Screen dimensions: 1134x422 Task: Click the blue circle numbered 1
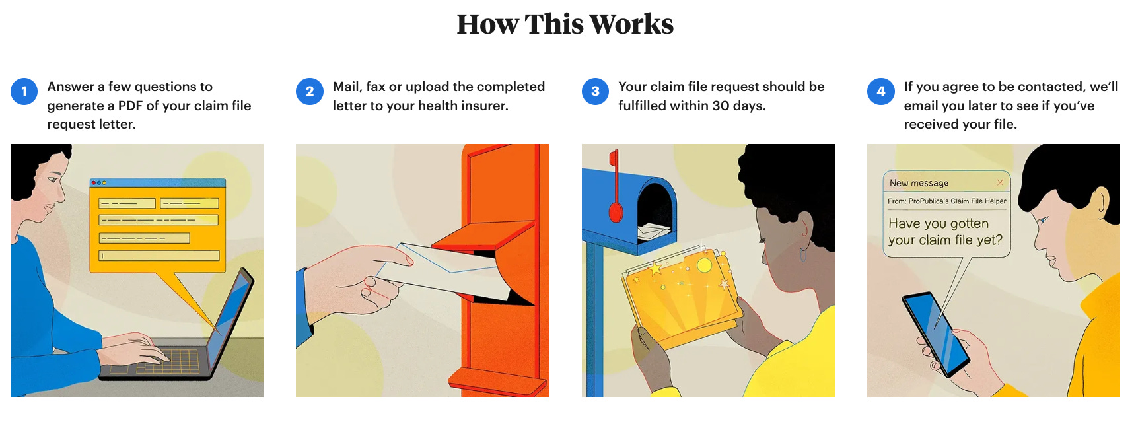tap(24, 91)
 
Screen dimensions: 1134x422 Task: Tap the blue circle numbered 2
tap(310, 91)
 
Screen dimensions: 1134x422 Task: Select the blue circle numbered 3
tap(595, 91)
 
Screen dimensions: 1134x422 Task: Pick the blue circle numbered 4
tap(880, 91)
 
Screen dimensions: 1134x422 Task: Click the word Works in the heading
tap(631, 24)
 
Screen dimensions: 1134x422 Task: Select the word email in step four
tap(922, 106)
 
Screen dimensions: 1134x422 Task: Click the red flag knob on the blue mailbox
tap(616, 212)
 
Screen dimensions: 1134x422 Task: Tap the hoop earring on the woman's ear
tap(802, 255)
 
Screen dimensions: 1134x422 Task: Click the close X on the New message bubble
tap(1000, 182)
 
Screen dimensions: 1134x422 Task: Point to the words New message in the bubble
tap(919, 183)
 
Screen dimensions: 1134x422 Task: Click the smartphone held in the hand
tap(936, 334)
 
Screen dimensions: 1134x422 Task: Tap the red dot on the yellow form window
tap(94, 182)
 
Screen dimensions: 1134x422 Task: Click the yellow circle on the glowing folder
tap(704, 265)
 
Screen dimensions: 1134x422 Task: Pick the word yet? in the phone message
tap(989, 240)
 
